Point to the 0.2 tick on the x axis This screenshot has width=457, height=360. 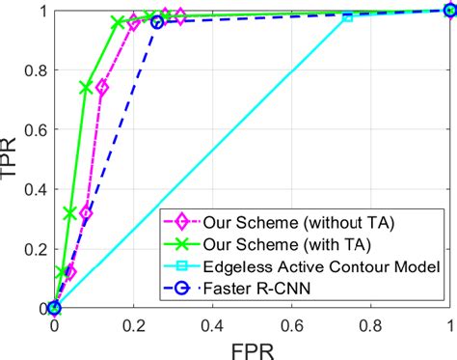click(x=133, y=325)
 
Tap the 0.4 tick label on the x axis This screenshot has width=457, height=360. click(x=212, y=325)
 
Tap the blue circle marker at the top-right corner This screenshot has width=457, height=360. click(x=449, y=11)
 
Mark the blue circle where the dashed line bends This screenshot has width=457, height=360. click(x=157, y=21)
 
